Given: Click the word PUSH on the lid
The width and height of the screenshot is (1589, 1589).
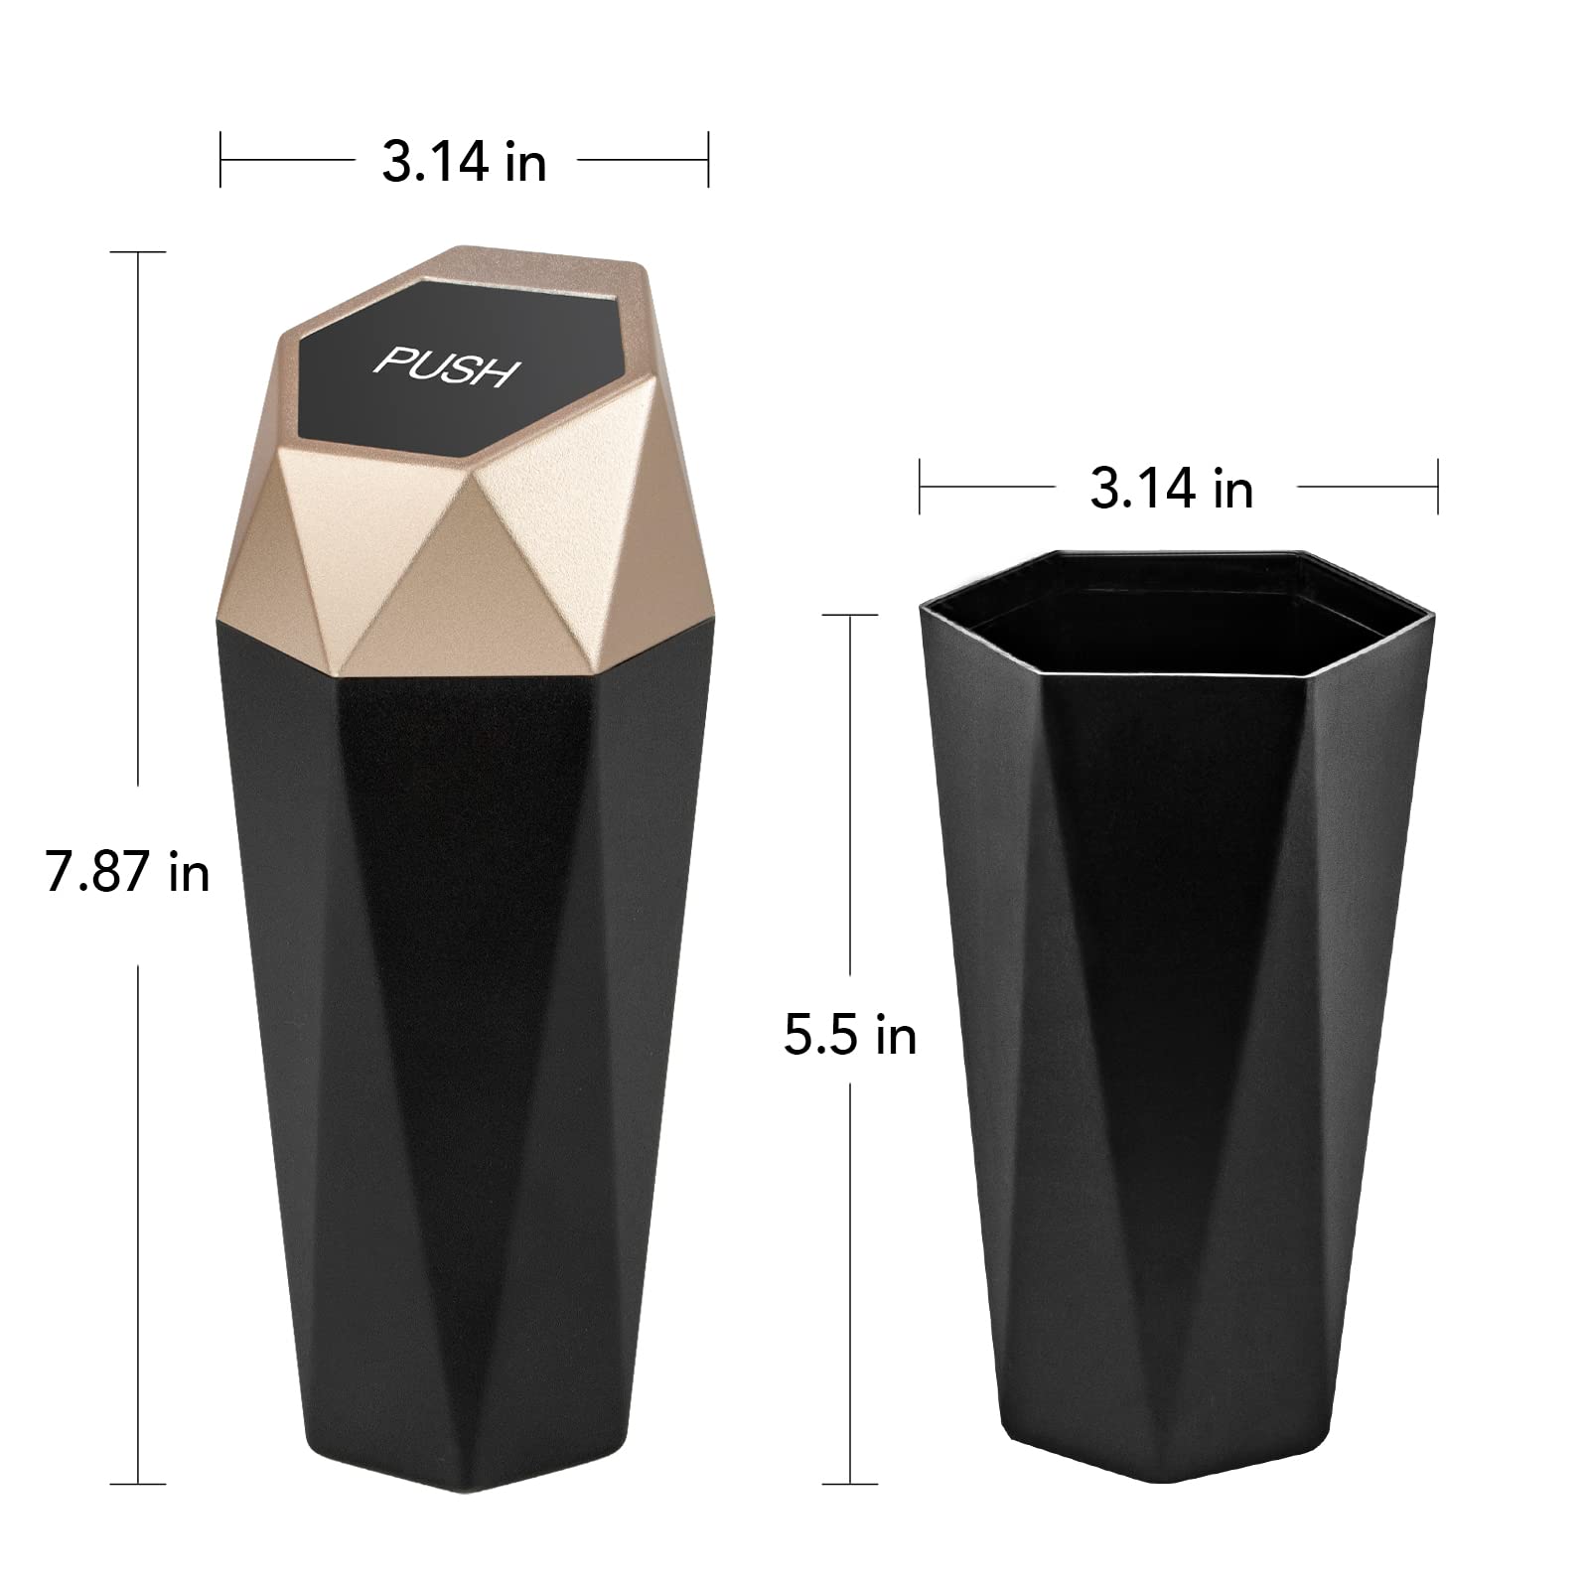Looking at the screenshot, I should tap(447, 366).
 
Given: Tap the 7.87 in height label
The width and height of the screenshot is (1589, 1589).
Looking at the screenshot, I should tap(127, 873).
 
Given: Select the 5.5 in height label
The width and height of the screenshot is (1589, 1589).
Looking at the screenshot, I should tap(849, 1035).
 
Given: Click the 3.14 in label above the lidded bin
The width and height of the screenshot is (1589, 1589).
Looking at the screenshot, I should tap(464, 161).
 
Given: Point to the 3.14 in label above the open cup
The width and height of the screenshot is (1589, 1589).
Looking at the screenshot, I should tap(1171, 489).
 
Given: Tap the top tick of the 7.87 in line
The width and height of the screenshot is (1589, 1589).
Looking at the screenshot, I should tap(137, 252).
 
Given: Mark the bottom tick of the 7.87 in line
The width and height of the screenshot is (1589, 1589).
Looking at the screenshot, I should tap(137, 1484).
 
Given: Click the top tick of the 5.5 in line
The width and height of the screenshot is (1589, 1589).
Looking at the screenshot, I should tap(850, 616).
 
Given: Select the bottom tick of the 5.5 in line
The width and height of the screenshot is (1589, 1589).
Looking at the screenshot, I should tap(850, 1484).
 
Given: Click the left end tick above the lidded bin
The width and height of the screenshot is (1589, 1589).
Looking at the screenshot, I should tap(220, 159).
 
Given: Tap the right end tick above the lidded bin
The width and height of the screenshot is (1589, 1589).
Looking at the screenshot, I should tap(708, 159).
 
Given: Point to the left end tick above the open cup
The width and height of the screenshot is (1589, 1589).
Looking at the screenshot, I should tap(920, 487).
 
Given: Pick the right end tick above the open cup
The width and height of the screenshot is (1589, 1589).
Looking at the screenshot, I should tap(1437, 487).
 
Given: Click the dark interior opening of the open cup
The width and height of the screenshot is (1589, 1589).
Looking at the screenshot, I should tap(1172, 616).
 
